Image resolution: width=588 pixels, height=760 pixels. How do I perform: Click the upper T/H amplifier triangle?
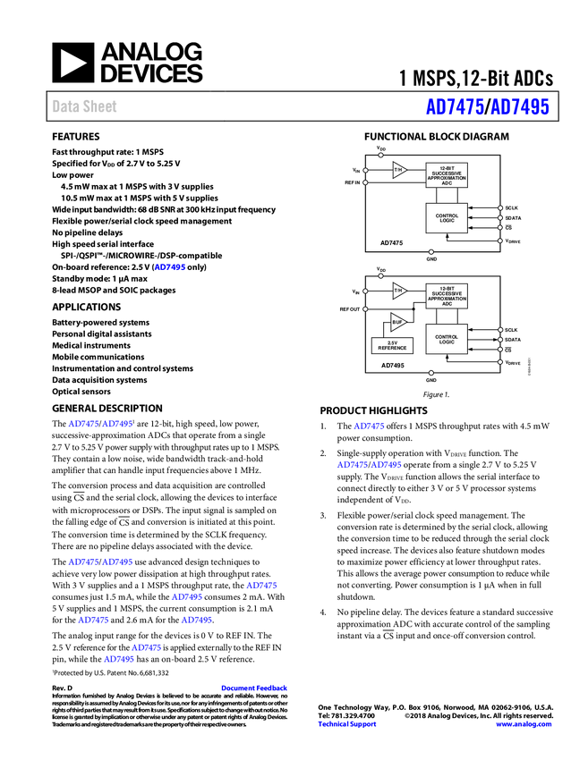398,170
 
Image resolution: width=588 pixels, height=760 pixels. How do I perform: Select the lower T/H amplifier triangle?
398,291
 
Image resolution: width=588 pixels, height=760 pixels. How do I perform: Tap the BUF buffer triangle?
397,322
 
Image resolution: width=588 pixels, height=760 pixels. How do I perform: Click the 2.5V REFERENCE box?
392,345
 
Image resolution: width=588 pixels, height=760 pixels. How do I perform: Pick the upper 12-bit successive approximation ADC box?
447,175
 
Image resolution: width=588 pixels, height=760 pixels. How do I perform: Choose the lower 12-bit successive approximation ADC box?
447,296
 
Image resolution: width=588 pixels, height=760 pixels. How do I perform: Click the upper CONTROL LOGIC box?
447,218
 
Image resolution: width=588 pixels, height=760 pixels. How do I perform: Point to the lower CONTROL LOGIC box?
447,339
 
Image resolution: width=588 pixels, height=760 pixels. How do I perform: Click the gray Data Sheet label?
85,106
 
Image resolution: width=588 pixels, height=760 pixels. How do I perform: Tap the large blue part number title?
487,107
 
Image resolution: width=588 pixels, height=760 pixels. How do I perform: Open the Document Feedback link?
255,688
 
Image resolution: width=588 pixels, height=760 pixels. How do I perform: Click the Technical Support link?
347,724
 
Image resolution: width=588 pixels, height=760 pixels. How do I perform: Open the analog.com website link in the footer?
524,724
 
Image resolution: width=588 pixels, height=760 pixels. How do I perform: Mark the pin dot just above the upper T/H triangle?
380,156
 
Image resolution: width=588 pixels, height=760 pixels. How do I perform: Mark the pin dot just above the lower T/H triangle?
380,275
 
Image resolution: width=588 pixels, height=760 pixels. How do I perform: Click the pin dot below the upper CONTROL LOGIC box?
430,251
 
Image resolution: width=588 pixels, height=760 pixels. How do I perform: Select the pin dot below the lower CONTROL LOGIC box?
430,372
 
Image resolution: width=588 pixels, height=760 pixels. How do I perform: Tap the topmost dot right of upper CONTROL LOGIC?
499,208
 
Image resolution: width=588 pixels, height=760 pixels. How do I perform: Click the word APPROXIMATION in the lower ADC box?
447,299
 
